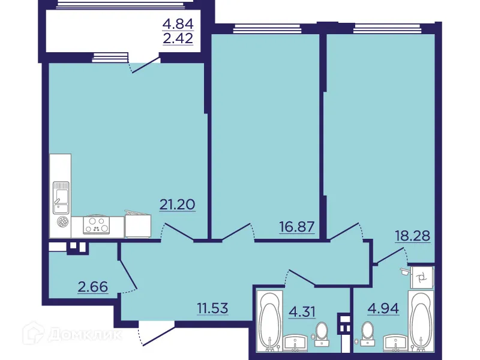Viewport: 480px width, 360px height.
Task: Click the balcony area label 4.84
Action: pos(178,24)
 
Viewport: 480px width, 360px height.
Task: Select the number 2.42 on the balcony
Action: pos(178,41)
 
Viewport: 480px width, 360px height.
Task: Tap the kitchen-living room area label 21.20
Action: pos(178,204)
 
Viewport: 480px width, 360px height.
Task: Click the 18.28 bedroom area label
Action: pos(413,235)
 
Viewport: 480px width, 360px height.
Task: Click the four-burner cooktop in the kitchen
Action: pos(97,226)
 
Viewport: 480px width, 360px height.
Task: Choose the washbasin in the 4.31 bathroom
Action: pos(296,343)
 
